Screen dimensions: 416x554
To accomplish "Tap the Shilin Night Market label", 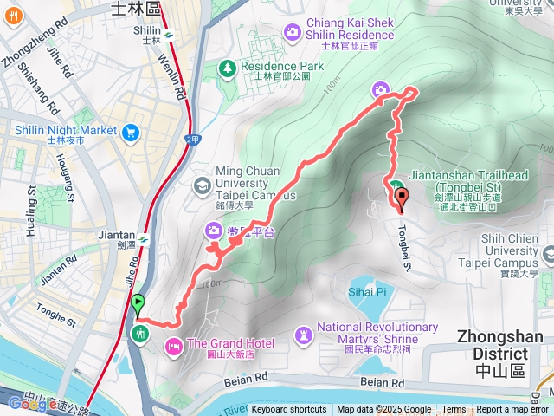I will [x=66, y=131].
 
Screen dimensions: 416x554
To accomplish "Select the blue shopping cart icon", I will [x=131, y=132].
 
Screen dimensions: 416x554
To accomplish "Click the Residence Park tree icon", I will [x=228, y=67].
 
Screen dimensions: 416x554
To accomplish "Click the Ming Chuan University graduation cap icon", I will [x=201, y=185].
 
